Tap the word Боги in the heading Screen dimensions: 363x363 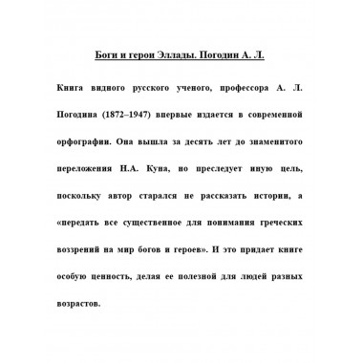[x=112, y=56]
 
